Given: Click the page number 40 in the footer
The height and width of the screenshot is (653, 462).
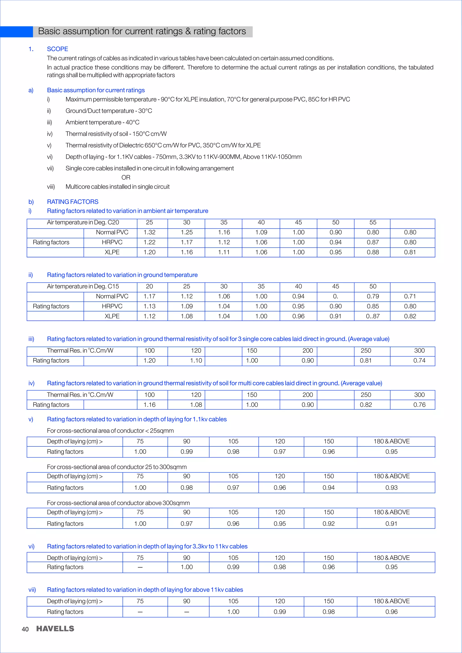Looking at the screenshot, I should coord(25,629).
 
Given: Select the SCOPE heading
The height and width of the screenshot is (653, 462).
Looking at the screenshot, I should coord(58,49).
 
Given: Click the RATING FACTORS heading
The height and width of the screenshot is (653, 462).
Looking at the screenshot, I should coord(73,202).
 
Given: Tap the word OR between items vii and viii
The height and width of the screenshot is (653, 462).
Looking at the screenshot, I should coord(126,177).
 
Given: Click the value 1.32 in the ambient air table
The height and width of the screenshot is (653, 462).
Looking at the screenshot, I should coord(149,232).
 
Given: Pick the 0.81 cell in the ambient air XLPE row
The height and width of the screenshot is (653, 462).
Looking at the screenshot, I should coord(410,252).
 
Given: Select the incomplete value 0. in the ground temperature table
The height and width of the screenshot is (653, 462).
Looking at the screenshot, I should coord(335,296).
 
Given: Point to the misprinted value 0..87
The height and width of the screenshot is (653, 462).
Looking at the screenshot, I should coord(372,316).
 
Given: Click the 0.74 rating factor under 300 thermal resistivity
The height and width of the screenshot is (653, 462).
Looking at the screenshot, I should coord(419,361).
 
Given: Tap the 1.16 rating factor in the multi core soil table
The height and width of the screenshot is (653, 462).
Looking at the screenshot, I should coord(149,405).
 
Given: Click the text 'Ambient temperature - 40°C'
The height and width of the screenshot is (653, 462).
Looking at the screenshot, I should coord(102,122).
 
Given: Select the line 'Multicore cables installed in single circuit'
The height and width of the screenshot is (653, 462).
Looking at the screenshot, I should coord(118,186).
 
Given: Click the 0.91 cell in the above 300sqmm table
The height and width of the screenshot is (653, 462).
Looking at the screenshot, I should coord(391,524).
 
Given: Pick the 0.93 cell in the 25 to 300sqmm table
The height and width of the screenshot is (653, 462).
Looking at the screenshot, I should coord(391,487).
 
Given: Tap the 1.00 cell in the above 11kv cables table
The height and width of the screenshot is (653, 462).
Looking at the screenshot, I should coord(233,612).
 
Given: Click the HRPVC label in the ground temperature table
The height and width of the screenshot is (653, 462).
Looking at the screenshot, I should coord(112,306).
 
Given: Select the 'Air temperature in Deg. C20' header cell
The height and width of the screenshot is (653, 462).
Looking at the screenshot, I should coord(83,222).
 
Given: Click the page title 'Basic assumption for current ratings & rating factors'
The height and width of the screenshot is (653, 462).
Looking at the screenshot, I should coord(142,31).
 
